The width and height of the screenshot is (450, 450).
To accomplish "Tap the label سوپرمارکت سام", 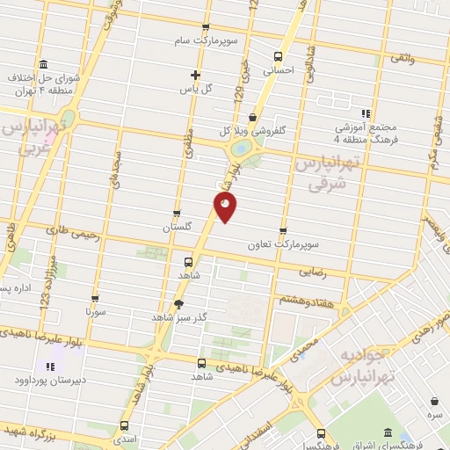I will [205, 40].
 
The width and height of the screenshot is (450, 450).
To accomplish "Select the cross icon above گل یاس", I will [196, 76].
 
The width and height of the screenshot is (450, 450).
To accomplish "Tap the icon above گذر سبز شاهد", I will [179, 304].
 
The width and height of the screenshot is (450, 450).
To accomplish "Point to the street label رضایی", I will [314, 273].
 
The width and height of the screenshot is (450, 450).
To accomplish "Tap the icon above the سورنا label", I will [95, 299].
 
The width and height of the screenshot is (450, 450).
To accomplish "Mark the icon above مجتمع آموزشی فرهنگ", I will [366, 113].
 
